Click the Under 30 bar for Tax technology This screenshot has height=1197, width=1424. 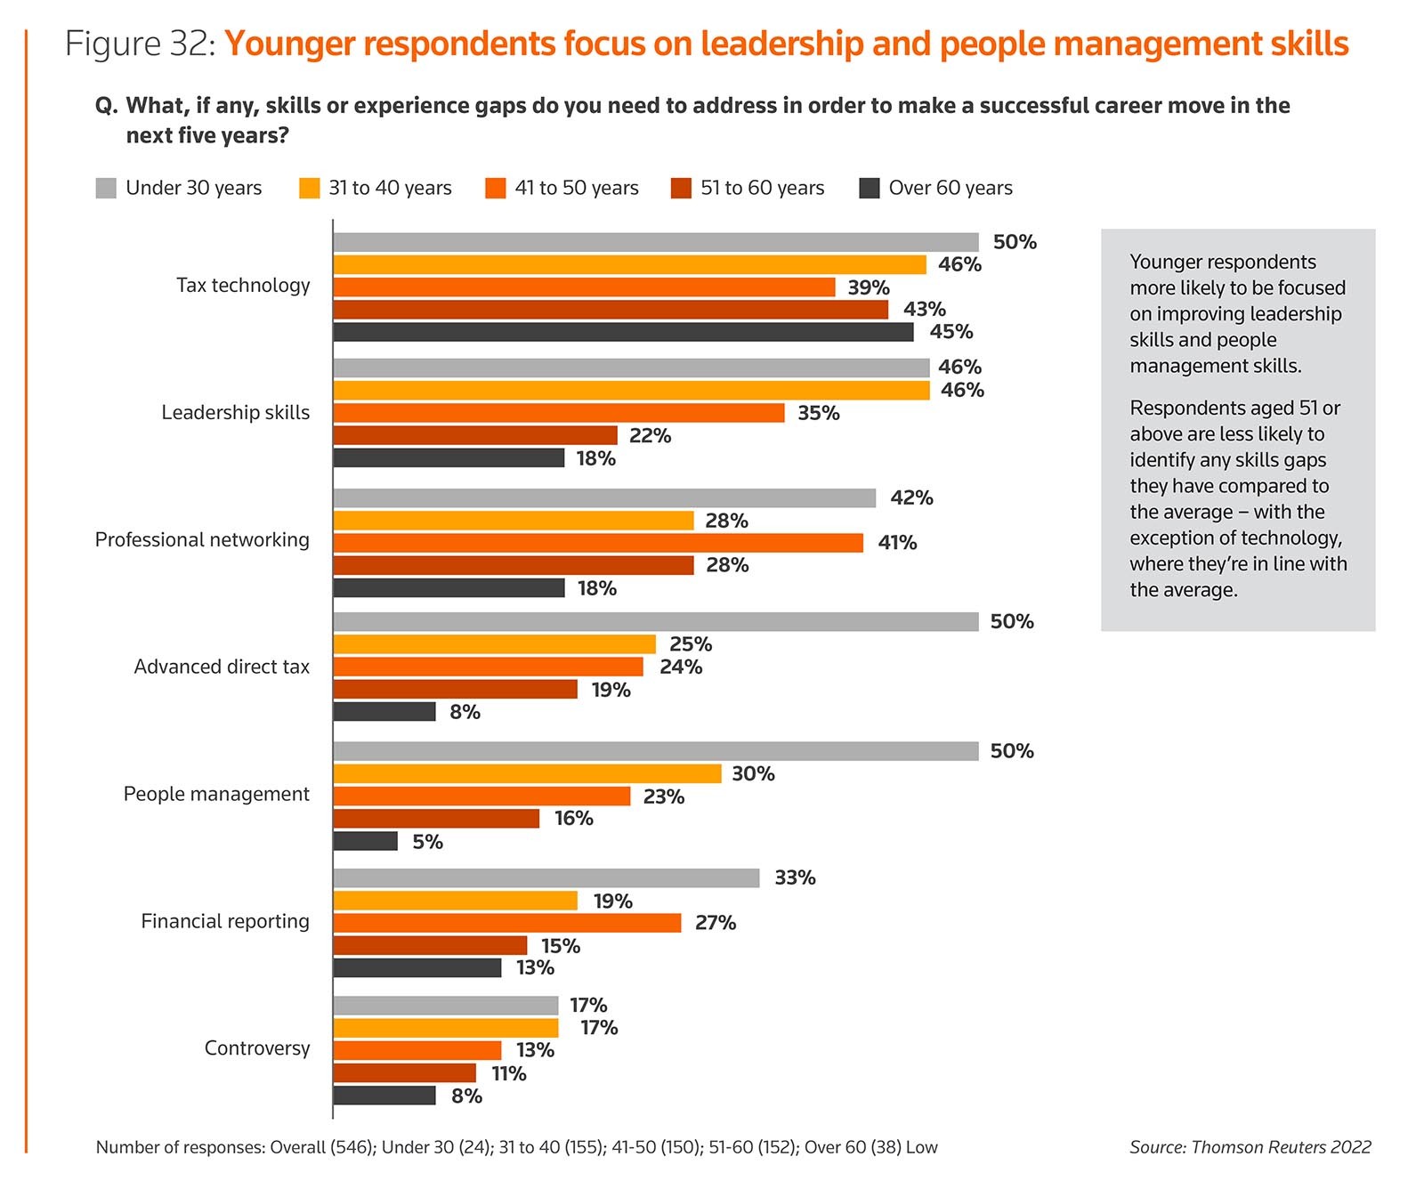pos(656,242)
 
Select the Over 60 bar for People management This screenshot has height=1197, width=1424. pos(366,841)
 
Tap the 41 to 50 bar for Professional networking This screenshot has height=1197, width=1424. pos(598,543)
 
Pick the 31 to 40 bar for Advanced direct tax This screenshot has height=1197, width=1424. pos(495,644)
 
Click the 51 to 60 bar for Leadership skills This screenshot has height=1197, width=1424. pos(475,435)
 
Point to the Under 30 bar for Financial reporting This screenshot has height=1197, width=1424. pos(546,878)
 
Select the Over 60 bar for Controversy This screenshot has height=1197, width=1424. pos(384,1096)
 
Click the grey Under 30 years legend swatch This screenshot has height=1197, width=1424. pos(106,188)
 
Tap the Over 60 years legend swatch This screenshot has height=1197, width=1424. pos(870,188)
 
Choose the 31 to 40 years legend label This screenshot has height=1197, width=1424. pos(390,188)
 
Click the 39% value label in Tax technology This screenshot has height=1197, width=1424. pos(869,287)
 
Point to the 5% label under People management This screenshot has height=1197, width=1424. pos(427,842)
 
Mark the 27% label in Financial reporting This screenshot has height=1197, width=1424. pos(716,923)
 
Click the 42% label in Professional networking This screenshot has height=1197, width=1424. pos(911,497)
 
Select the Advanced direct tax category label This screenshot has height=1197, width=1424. pos(222,667)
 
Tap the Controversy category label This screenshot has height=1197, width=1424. pos(257,1048)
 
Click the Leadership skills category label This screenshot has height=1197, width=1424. pos(236,412)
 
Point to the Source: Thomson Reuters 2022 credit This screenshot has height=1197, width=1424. pos(1250,1147)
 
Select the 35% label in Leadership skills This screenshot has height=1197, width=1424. pos(819,413)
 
